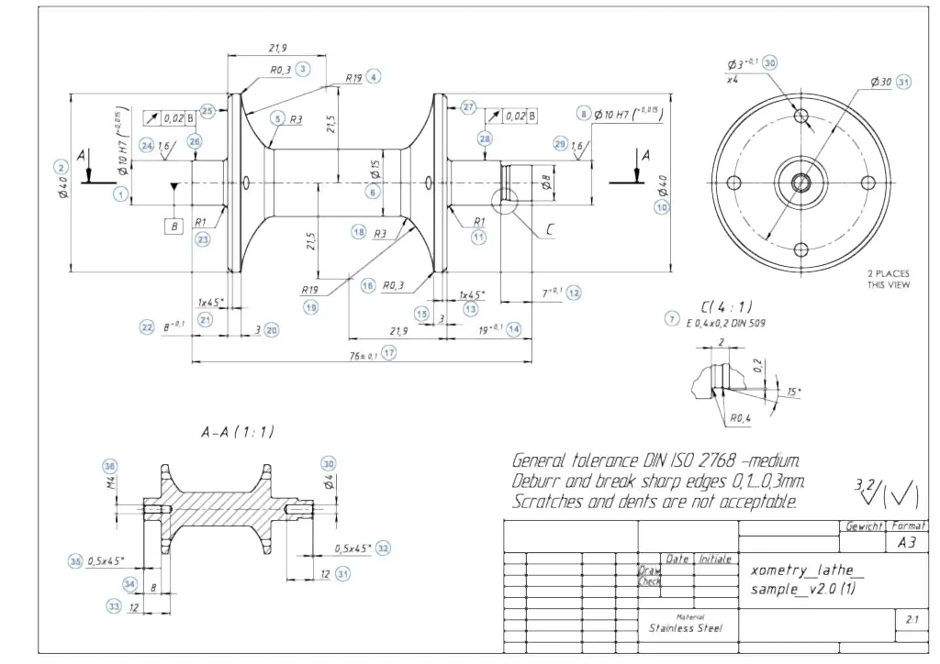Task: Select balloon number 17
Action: (x=388, y=353)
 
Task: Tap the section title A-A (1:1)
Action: (x=238, y=431)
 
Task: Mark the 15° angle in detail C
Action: (x=793, y=392)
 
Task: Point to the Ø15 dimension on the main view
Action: (x=375, y=170)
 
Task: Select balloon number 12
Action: (x=574, y=293)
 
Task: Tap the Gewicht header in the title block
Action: (x=861, y=526)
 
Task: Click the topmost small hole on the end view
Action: (x=801, y=116)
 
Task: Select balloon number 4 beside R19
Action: (x=373, y=77)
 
